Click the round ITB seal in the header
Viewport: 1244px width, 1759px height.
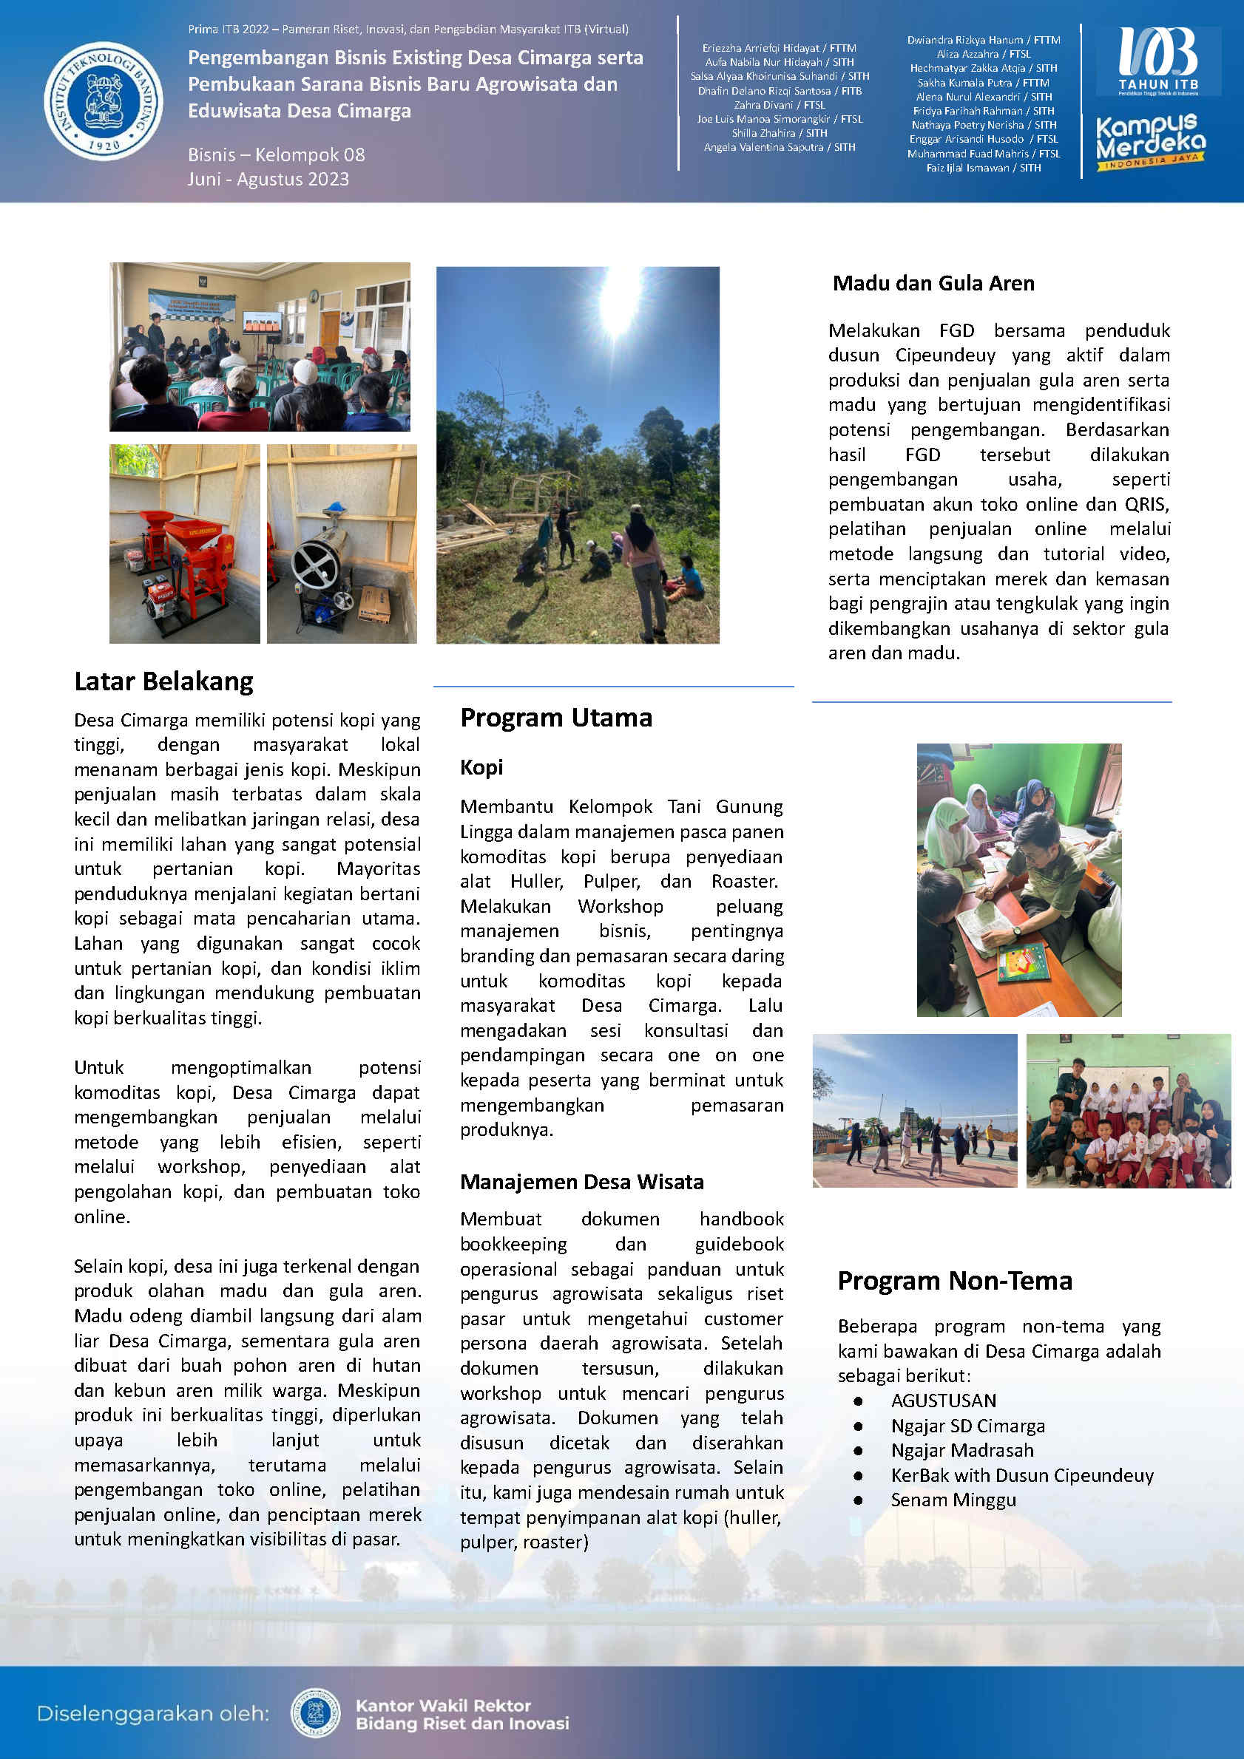(x=104, y=101)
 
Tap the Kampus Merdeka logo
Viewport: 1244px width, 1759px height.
(x=1150, y=143)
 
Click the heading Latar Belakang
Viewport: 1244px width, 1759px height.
(x=163, y=681)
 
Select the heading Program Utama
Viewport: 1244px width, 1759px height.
(x=555, y=718)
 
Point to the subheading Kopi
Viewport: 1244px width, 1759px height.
(x=481, y=767)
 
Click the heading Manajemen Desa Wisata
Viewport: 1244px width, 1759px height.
(x=581, y=1181)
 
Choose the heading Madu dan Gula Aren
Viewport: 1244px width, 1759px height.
(x=933, y=284)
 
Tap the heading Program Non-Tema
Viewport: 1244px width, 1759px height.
(x=954, y=1280)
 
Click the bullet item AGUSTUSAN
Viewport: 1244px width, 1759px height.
(x=943, y=1401)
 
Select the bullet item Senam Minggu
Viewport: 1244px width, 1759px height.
(x=953, y=1500)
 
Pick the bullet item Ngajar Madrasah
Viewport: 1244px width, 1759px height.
(x=962, y=1450)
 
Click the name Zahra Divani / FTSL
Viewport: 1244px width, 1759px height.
(x=779, y=105)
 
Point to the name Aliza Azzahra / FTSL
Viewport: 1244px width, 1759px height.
(x=984, y=55)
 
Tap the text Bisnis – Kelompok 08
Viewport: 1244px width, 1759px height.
(x=276, y=154)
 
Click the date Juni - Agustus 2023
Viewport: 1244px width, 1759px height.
(x=268, y=180)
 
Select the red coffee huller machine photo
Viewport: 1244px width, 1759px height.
(x=185, y=543)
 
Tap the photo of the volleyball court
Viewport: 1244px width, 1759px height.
(x=914, y=1110)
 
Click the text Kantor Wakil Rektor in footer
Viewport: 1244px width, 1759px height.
(x=443, y=1705)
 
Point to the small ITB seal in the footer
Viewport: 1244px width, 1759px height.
(x=315, y=1712)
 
